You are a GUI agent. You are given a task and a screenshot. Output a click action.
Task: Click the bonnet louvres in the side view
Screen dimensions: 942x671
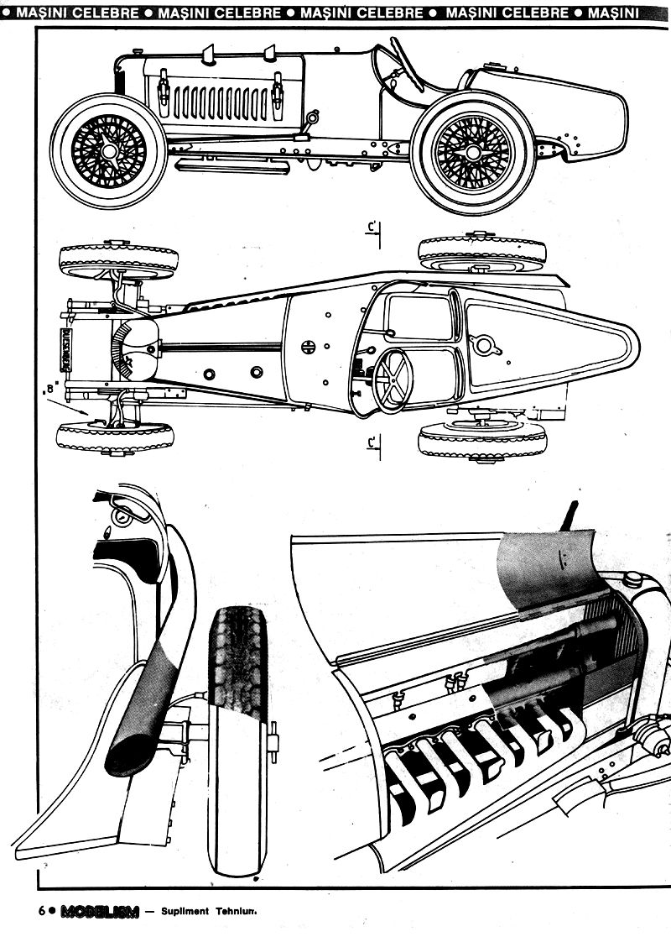220,102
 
